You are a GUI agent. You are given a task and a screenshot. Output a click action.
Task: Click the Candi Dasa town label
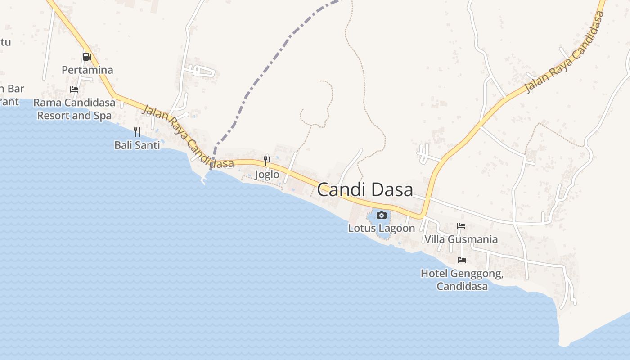coord(365,190)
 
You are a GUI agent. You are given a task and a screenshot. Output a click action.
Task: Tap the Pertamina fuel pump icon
coord(87,57)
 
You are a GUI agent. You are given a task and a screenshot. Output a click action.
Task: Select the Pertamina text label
coord(87,70)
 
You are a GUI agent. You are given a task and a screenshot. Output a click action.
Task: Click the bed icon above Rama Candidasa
coord(74,90)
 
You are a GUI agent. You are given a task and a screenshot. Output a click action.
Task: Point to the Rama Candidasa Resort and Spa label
coord(74,109)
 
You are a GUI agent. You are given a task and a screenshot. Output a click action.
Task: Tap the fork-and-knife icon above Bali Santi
coord(137,131)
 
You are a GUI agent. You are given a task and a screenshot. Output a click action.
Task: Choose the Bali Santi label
coord(137,145)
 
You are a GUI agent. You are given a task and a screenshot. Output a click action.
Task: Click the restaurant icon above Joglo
coord(267,161)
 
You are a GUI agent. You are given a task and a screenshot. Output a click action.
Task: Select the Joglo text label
coord(267,175)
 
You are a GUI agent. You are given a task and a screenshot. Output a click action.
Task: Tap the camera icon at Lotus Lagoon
coord(382,215)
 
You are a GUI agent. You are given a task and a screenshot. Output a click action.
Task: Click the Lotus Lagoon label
coord(382,228)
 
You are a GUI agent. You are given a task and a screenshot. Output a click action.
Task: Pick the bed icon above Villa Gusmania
coord(461,226)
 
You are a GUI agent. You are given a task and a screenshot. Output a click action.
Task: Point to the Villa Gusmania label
coord(461,239)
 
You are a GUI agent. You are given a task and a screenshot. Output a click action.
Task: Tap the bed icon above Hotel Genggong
coord(462,260)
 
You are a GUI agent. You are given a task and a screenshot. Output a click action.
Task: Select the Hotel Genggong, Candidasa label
coord(462,279)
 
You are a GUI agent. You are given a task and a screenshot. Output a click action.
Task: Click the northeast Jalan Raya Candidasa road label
coord(565,53)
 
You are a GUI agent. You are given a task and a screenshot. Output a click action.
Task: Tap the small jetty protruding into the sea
coord(203,180)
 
